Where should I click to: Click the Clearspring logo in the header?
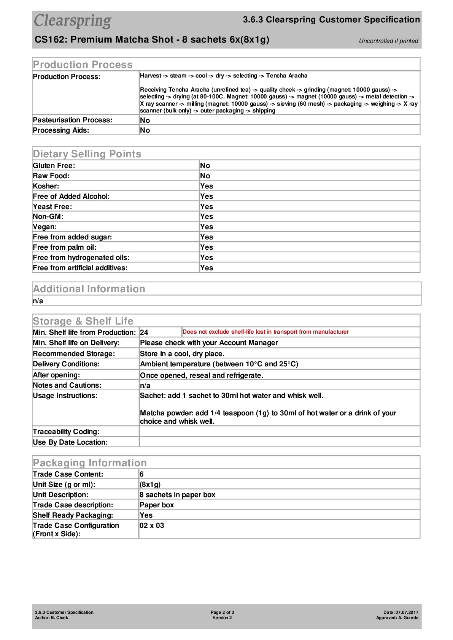73,21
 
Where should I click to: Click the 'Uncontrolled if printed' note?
388,41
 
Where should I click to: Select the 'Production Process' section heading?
83,65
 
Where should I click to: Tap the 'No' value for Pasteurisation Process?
145,120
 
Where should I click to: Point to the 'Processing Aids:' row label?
61,130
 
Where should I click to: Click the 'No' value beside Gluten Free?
205,166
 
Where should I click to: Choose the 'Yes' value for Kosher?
207,186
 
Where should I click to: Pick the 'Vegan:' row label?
45,227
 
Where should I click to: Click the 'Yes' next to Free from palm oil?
207,247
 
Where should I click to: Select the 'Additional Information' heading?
89,289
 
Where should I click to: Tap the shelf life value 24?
144,333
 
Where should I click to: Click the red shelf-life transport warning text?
265,332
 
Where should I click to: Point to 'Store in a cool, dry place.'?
182,354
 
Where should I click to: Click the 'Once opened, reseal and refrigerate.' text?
201,375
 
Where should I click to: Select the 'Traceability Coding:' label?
66,432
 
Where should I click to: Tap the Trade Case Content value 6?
141,474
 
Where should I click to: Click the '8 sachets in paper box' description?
177,495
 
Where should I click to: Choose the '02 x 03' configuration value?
152,526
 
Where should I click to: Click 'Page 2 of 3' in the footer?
222,612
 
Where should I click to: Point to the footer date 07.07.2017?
407,612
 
